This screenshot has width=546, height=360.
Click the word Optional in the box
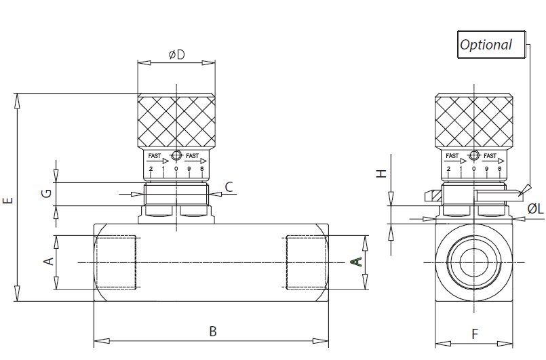pos(486,45)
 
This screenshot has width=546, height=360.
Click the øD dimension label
pos(176,55)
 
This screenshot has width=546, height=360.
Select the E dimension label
pos(7,201)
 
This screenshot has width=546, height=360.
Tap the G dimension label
pos(46,193)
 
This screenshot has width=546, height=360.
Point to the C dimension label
pos(229,187)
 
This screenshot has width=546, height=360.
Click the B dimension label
pos(213,332)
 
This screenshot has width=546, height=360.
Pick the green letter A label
pos(355,262)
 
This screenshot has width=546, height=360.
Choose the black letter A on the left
pos(49,261)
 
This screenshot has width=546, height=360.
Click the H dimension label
pos(382,174)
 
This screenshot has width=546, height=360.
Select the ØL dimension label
pos(535,209)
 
